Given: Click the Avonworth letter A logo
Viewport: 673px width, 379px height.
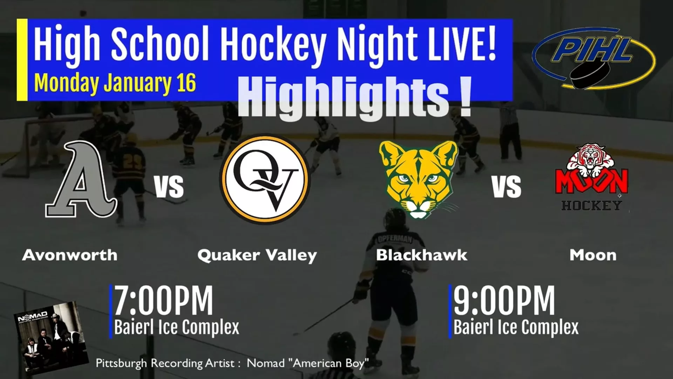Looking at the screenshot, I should pos(81,180).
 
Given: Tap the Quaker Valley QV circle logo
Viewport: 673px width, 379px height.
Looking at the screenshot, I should pos(265,179).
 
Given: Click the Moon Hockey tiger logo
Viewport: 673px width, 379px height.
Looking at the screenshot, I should pos(591,177).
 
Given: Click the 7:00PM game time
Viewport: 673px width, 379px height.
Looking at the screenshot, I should pos(163,300).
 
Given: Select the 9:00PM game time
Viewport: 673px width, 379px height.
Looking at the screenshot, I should pos(504,300).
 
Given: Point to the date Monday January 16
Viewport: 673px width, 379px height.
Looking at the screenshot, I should pos(115,83).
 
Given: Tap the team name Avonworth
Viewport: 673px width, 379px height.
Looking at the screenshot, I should pos(70,255).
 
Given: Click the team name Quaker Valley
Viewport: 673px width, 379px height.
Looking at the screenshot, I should pos(257,255).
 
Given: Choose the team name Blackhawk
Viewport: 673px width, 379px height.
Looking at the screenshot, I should pos(421,255).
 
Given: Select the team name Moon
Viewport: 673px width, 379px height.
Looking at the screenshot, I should pos(593,255).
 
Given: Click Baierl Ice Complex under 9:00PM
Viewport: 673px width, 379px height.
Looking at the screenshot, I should pos(516,327).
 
